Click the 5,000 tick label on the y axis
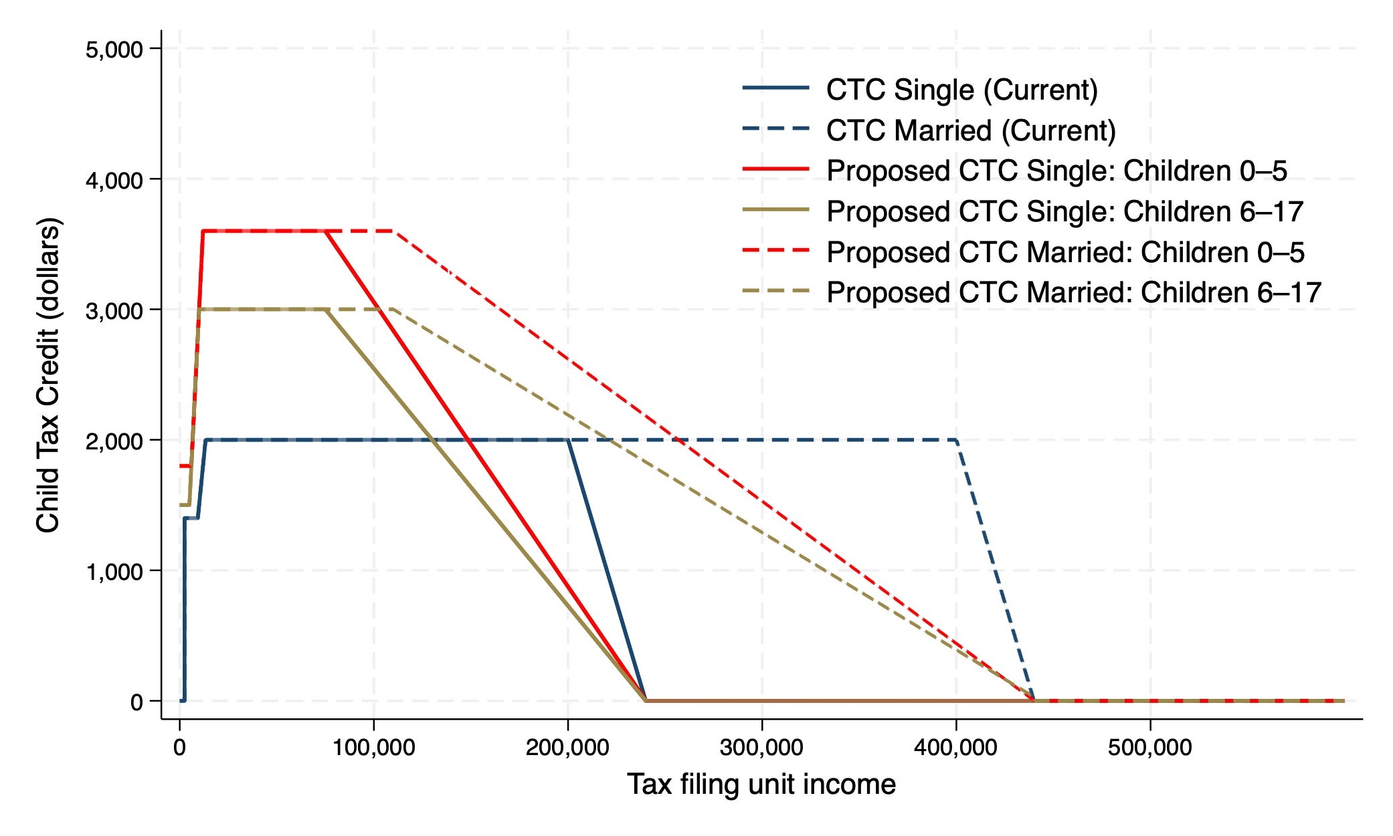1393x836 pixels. pos(114,49)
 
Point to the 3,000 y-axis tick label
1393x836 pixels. pos(114,311)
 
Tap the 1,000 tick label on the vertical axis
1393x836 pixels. pos(114,572)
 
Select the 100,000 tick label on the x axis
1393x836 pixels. pos(374,747)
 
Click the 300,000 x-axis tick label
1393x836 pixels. pos(762,747)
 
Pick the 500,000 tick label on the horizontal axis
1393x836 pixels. pos(1149,747)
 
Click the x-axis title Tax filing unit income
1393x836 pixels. pos(761,785)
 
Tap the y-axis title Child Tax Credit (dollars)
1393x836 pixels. pos(48,375)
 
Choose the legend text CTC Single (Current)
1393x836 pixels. pos(961,90)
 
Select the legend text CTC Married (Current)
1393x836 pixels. pos(971,130)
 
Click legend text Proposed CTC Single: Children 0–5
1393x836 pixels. pos(1056,171)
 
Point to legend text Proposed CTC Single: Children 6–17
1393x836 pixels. pos(1064,212)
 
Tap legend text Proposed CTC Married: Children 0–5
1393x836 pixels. pos(1065,253)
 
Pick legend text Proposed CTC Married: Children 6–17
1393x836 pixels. pos(1074,293)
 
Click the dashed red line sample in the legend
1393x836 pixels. pos(776,251)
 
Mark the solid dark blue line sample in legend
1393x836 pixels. pos(776,88)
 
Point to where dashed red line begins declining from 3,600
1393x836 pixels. pos(394,231)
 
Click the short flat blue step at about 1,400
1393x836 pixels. pos(191,518)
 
